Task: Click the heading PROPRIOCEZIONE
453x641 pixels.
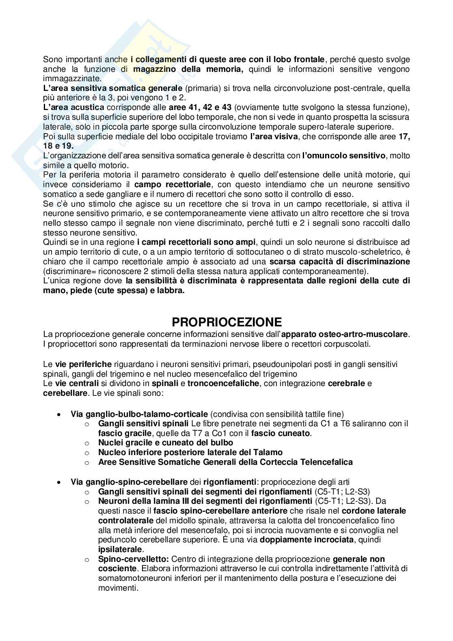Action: (226, 322)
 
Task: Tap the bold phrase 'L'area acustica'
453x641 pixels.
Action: (74, 108)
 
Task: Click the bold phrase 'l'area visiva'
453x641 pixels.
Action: (274, 137)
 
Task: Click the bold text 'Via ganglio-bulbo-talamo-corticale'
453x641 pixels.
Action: (139, 414)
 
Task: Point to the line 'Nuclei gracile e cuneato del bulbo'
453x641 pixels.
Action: (166, 442)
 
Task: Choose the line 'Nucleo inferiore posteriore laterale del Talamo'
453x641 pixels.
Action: (190, 452)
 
